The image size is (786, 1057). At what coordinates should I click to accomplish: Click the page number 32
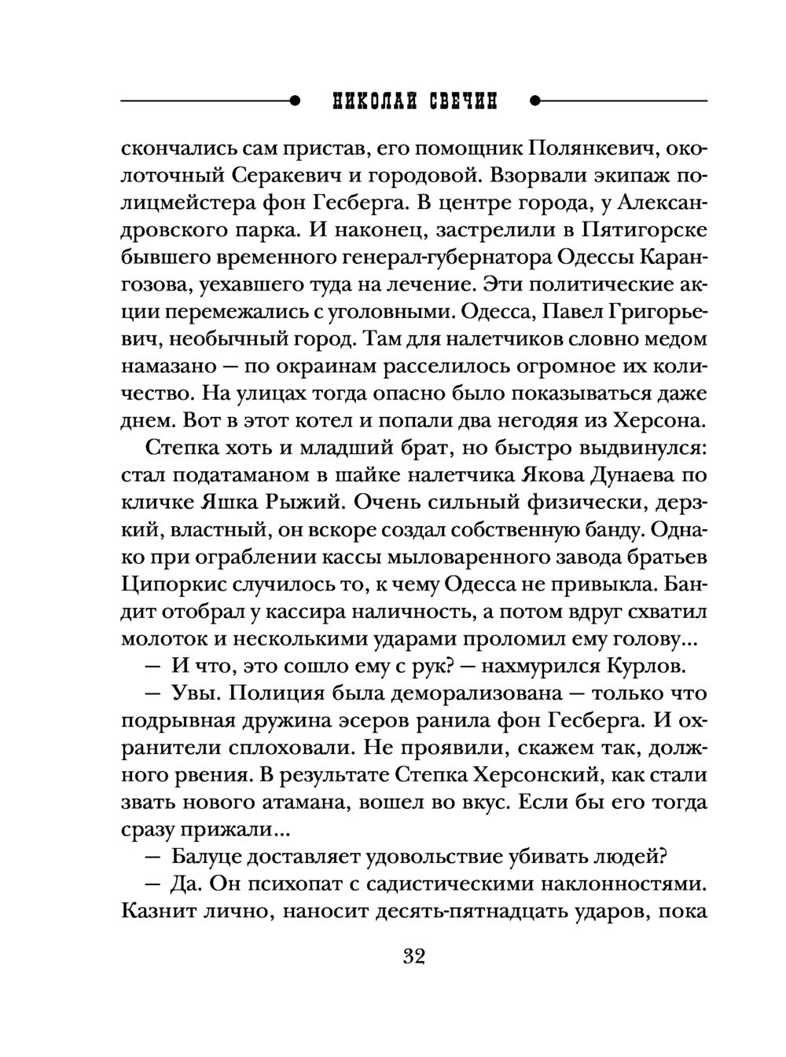point(413,956)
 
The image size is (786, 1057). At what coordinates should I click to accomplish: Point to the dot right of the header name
point(535,101)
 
